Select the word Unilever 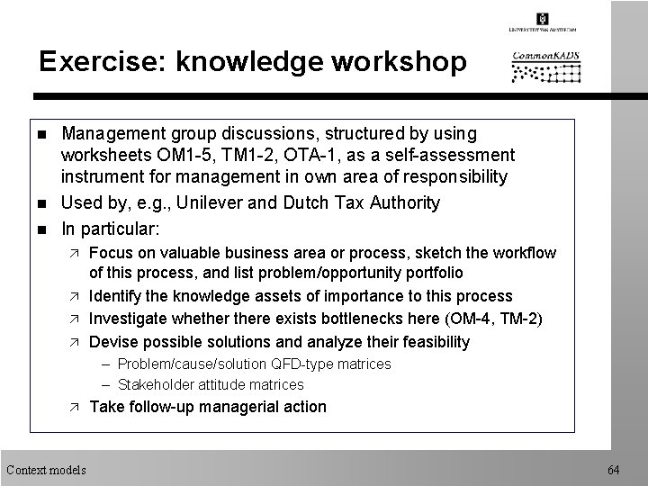(209, 203)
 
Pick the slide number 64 (614, 470)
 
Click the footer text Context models (46, 470)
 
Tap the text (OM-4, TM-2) (499, 319)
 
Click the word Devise (114, 342)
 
